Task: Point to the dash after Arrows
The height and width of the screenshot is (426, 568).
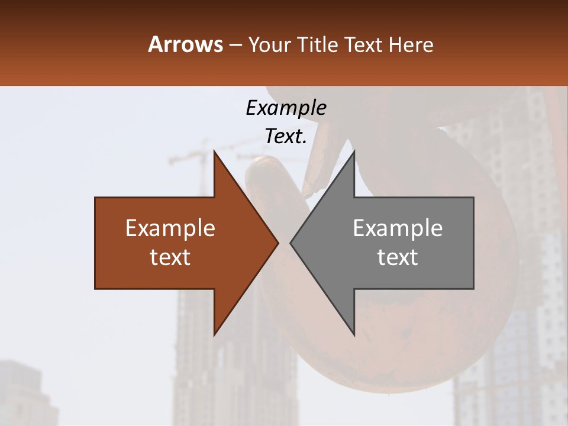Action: click(x=235, y=46)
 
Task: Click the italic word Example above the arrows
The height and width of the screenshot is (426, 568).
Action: click(x=286, y=108)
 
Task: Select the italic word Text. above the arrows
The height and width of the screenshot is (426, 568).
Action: click(x=286, y=137)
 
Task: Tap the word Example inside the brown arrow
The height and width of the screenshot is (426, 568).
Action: click(x=170, y=228)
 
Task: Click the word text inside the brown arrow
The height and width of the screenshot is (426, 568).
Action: click(x=170, y=257)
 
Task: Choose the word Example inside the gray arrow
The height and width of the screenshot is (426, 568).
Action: click(x=398, y=228)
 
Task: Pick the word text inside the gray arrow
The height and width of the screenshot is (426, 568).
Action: click(x=398, y=257)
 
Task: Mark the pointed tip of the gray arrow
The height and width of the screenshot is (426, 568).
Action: click(x=291, y=243)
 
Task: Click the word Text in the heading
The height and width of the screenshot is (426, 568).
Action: click(x=363, y=45)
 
